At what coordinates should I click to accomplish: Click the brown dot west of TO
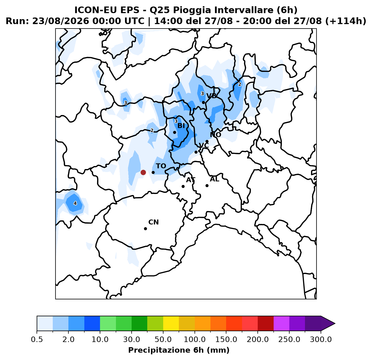click(143, 172)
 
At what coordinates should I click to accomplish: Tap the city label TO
click(161, 166)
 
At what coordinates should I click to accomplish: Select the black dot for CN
click(145, 229)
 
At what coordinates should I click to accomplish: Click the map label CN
click(154, 222)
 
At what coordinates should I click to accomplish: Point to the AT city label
click(191, 180)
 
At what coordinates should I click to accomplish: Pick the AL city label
click(214, 179)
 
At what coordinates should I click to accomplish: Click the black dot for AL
click(207, 185)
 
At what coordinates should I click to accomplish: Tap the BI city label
click(181, 126)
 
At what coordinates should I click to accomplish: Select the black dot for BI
click(174, 132)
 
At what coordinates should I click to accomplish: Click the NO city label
click(215, 135)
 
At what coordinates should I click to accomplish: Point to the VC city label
click(204, 145)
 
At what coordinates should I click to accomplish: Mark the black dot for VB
click(203, 103)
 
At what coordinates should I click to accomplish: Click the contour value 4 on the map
click(75, 203)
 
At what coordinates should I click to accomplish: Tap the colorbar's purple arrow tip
click(335, 323)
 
